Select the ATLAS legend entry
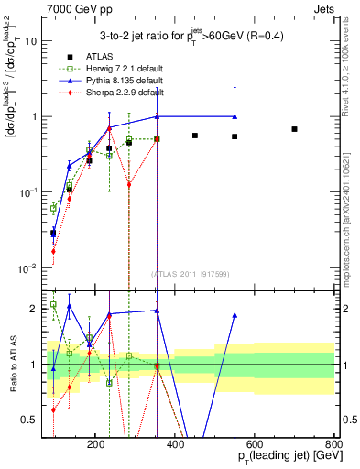[x=109, y=57]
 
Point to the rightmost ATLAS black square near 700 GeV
[x=294, y=129]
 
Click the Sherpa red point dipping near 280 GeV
[x=129, y=184]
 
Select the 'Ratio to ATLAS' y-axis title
[x=12, y=367]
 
